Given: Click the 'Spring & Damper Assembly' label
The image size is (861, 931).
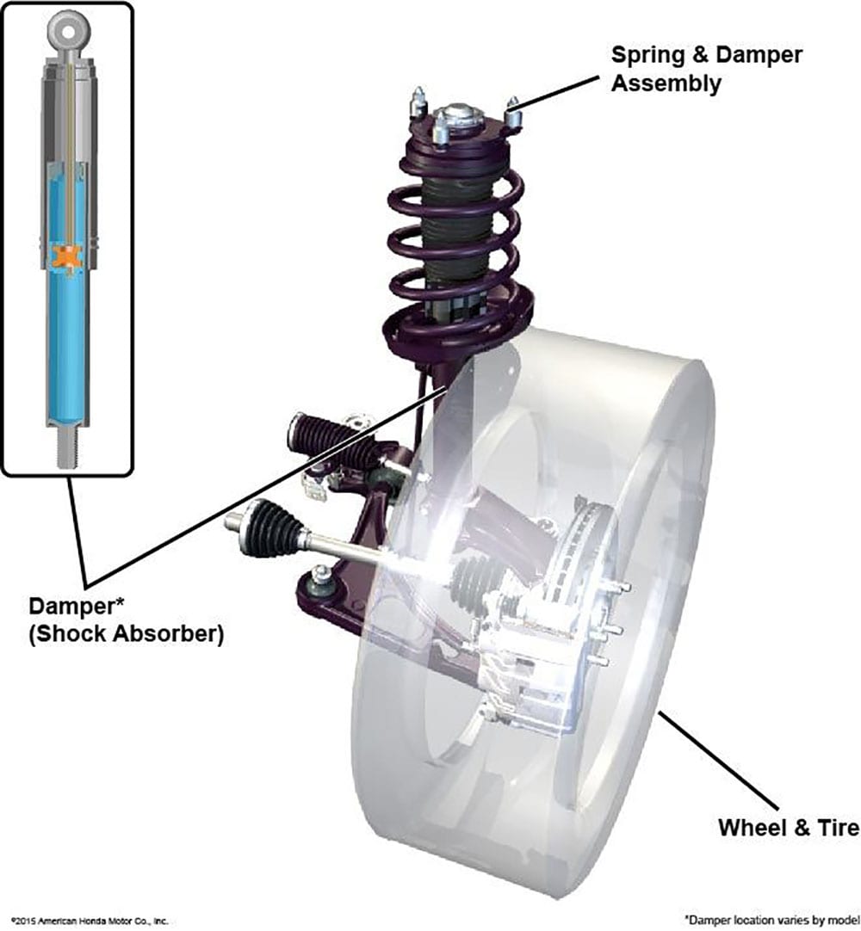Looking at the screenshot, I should point(706,70).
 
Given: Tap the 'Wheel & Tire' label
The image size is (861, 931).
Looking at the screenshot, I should point(788,828).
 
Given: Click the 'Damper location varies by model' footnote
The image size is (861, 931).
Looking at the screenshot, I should point(771,918).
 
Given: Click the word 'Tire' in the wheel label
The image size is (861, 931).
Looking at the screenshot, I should point(834,828).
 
